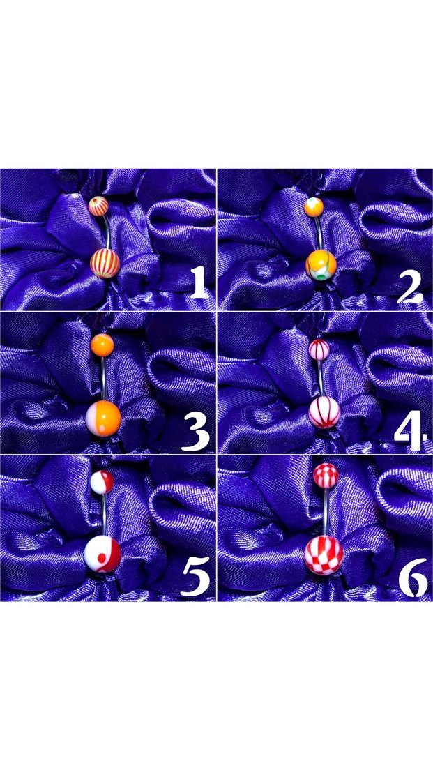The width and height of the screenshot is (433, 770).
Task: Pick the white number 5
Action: [x=195, y=577]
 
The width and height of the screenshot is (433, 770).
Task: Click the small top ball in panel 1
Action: [x=98, y=206]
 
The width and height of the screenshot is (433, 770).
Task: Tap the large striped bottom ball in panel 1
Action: [x=105, y=264]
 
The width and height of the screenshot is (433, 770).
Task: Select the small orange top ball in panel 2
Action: [x=314, y=206]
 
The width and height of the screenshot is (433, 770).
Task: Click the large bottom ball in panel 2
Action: [x=321, y=265]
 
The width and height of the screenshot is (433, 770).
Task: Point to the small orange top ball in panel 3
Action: [x=102, y=345]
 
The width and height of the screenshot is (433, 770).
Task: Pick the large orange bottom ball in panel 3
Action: [x=103, y=418]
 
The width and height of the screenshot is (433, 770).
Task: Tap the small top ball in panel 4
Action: [x=319, y=349]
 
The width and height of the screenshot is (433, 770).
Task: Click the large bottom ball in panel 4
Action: [x=324, y=412]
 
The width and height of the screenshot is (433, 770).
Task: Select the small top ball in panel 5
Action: [x=102, y=482]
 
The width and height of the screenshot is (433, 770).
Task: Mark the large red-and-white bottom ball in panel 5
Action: [x=102, y=554]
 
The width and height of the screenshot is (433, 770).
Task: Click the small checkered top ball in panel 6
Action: [x=326, y=476]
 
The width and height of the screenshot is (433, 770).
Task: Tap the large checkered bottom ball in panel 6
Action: [x=324, y=555]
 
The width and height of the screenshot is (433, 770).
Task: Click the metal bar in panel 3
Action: [x=104, y=379]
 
